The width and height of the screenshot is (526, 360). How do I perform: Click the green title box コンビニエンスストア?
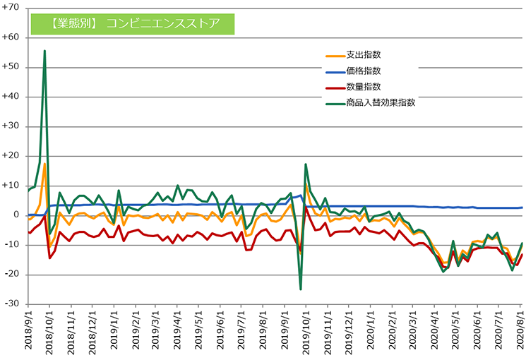132,23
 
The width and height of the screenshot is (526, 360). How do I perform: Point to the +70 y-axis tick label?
12,8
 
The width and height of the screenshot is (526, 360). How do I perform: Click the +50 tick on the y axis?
12,67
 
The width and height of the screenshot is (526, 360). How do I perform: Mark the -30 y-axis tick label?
12,304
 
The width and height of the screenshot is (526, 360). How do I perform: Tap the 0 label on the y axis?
17,215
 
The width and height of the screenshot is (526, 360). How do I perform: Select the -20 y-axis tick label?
12,274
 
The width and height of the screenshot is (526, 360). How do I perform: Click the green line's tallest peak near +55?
44,51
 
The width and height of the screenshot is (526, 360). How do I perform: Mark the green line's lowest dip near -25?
301,289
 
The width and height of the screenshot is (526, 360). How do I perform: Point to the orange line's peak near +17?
44,164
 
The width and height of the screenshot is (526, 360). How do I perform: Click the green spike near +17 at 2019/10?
306,164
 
